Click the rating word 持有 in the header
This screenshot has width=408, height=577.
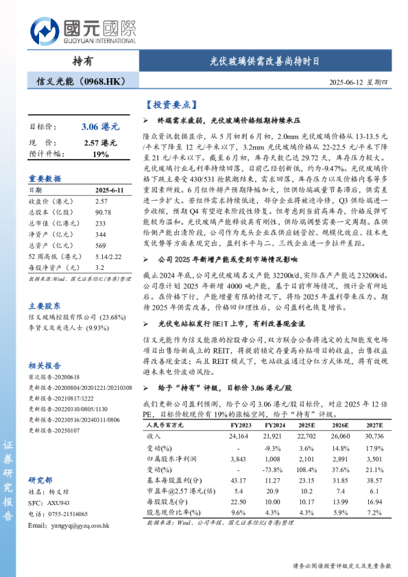click(82, 60)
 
